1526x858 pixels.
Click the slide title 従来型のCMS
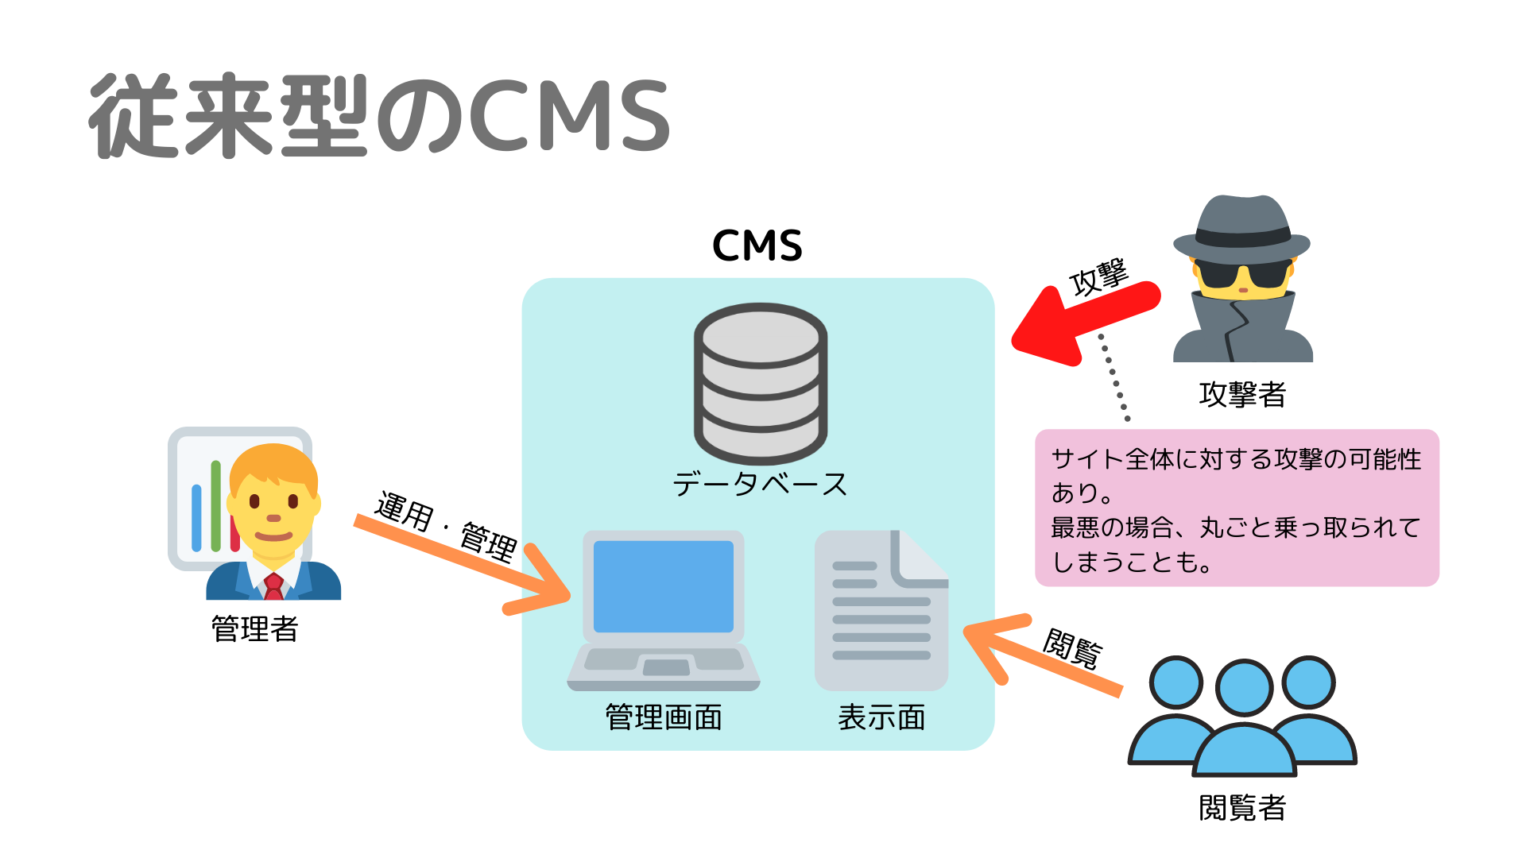tap(380, 116)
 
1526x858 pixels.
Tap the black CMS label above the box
tap(757, 245)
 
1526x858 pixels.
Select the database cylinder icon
tap(761, 383)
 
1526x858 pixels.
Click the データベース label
tap(761, 484)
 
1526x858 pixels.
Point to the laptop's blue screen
tap(663, 586)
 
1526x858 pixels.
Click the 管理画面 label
tap(664, 717)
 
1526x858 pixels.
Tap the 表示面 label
tap(881, 717)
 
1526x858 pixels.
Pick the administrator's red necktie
tap(273, 586)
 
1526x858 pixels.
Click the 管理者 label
tap(254, 629)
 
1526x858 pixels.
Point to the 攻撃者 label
tap(1242, 394)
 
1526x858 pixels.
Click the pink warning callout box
tap(1237, 508)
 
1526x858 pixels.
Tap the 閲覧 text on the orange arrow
tap(1072, 648)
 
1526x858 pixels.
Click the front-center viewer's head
tap(1244, 688)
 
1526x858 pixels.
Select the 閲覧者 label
tap(1242, 808)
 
